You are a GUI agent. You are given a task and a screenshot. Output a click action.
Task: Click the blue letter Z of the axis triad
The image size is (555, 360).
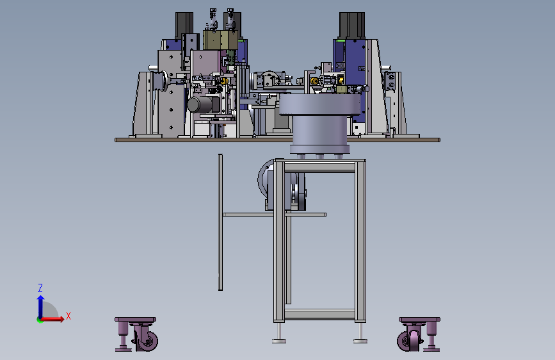[x=40, y=288]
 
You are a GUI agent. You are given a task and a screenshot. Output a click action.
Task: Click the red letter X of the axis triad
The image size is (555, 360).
[x=68, y=316]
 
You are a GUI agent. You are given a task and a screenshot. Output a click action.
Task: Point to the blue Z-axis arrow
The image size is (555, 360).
[x=41, y=307]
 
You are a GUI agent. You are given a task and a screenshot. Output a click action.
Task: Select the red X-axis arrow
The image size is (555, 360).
[x=51, y=319]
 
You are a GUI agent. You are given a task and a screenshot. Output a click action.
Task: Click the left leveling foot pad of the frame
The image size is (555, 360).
[x=279, y=341]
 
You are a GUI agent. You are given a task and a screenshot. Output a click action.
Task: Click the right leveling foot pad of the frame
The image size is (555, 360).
[x=360, y=341]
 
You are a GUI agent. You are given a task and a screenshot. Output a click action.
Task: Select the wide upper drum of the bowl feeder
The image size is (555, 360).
[x=319, y=105]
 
